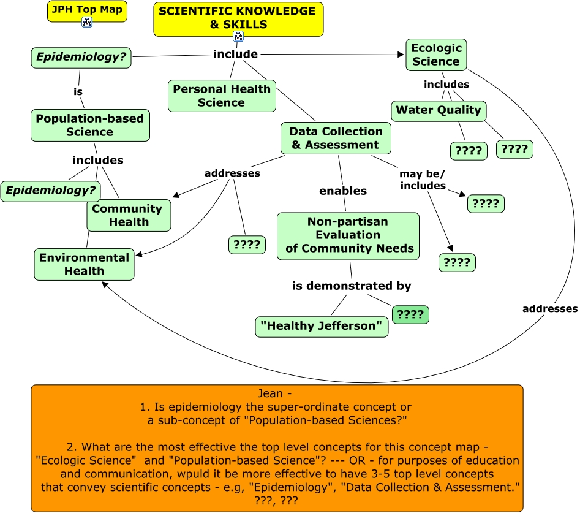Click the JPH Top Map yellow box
tap(86, 10)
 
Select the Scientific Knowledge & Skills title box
tap(238, 17)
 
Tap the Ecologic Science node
tap(436, 55)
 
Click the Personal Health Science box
tap(222, 96)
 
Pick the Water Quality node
tap(439, 111)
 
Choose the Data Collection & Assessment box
tap(336, 138)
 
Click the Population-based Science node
tap(90, 125)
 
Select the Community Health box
tap(129, 215)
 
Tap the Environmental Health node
tap(84, 264)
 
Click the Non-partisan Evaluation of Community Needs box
tap(348, 236)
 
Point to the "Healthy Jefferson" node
tap(322, 326)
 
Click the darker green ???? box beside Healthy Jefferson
tap(410, 315)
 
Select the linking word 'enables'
tap(343, 191)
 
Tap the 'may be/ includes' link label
tap(423, 180)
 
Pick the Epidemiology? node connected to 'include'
tap(81, 58)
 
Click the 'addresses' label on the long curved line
tap(549, 309)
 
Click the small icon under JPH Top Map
tap(86, 23)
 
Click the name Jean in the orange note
tap(277, 393)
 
